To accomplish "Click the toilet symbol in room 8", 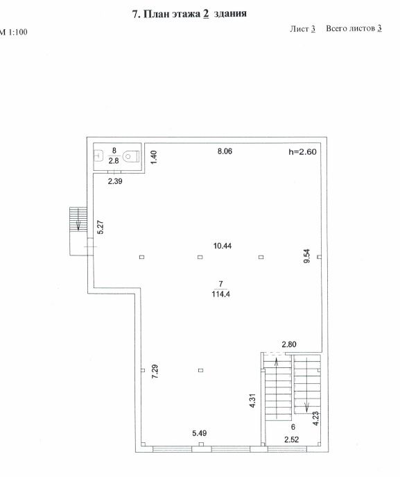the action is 131,156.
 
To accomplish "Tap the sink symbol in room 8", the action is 98,156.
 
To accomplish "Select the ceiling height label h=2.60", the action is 302,152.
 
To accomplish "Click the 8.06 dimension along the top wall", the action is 225,151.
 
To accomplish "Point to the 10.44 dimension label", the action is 223,246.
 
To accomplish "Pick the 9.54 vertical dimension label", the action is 306,256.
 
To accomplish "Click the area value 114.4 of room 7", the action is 221,294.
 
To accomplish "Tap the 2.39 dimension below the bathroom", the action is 115,181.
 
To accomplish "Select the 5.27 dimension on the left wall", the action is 101,227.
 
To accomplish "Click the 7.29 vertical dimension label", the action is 155,371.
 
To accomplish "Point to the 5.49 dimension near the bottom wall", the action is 200,433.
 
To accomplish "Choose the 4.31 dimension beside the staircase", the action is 253,401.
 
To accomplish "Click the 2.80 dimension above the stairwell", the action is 289,344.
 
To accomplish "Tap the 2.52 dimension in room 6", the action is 292,440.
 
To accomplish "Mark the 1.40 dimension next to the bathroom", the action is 154,158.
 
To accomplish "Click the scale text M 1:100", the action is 13,32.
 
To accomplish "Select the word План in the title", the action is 156,14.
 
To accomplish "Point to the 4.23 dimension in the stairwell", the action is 316,418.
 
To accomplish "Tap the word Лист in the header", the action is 299,28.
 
